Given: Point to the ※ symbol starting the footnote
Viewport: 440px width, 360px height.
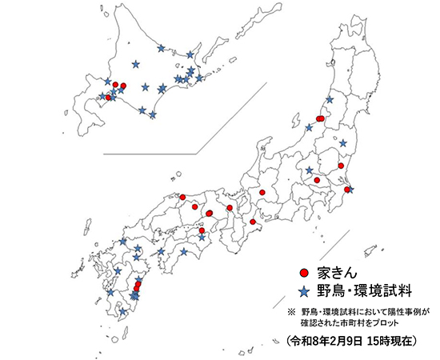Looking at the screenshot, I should pyautogui.click(x=290, y=310).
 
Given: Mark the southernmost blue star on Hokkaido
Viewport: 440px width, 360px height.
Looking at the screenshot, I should pyautogui.click(x=153, y=115).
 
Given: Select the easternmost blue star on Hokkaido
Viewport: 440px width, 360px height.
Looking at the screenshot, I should pyautogui.click(x=199, y=78).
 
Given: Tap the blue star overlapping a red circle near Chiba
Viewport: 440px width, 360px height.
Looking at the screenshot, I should pyautogui.click(x=349, y=190).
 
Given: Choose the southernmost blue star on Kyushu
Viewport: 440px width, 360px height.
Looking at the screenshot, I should pyautogui.click(x=123, y=313).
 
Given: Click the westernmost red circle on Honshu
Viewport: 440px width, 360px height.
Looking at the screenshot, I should pyautogui.click(x=183, y=197).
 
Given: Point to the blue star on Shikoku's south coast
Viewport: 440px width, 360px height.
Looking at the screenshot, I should pyautogui.click(x=185, y=253).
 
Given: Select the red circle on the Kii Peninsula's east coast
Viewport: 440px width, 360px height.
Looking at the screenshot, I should pyautogui.click(x=253, y=222).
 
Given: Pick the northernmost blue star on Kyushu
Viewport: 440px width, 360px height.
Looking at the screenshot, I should pyautogui.click(x=123, y=241).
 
